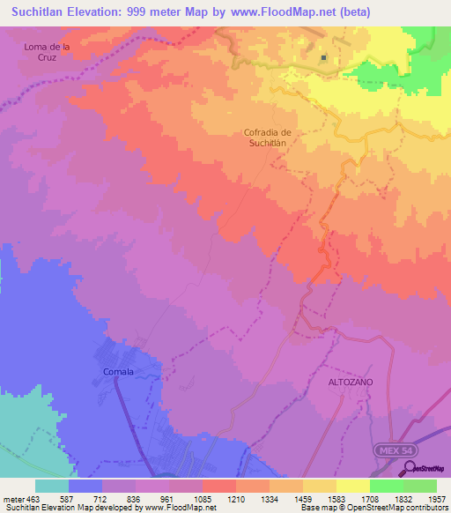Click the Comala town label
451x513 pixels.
coord(118,371)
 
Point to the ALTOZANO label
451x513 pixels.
coord(351,382)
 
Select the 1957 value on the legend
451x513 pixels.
coord(436,498)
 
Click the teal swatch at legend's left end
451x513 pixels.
coord(52,486)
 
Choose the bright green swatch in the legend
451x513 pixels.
coord(387,486)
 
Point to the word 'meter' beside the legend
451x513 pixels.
coord(12,498)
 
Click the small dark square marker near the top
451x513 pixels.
coord(324,58)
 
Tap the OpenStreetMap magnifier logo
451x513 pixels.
coord(411,468)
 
